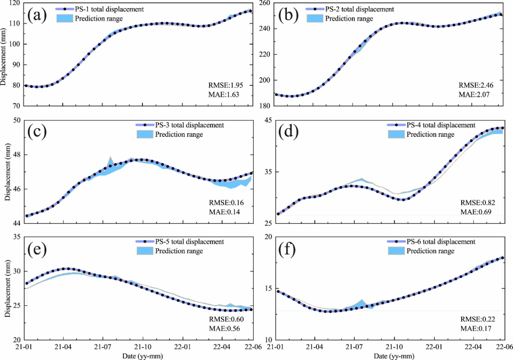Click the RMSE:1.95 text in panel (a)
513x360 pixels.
pos(223,86)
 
